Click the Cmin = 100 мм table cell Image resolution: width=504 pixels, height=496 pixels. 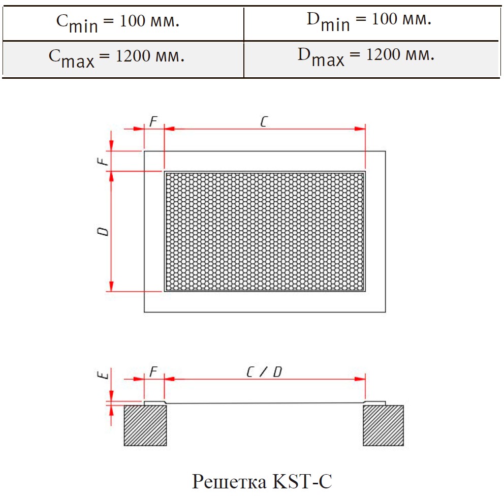(x=123, y=24)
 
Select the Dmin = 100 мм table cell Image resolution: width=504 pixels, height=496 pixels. (x=371, y=24)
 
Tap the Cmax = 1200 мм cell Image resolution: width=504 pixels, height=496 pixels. (x=123, y=59)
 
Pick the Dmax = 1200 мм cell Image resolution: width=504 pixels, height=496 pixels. (x=371, y=59)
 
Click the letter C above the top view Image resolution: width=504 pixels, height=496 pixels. (x=264, y=121)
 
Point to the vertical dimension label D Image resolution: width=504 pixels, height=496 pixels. (x=103, y=231)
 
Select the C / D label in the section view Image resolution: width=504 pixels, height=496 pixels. (x=264, y=372)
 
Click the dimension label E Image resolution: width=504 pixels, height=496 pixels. (x=103, y=375)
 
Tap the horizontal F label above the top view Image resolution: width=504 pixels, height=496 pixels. (x=153, y=121)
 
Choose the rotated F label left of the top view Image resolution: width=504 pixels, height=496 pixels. (x=103, y=161)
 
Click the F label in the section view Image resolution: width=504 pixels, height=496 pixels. (x=153, y=372)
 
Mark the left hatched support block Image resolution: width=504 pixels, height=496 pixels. (x=145, y=425)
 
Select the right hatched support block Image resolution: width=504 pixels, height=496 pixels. (x=383, y=425)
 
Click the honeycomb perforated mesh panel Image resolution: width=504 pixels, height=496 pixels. (x=265, y=231)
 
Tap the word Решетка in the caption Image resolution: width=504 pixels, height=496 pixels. (x=230, y=482)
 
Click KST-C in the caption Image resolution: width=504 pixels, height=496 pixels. (x=302, y=481)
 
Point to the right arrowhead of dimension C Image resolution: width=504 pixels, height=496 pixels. (x=360, y=129)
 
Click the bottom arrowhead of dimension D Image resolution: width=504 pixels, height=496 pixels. (x=111, y=286)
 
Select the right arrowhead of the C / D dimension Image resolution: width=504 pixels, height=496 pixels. (x=360, y=379)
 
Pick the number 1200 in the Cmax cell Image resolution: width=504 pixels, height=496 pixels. (x=133, y=56)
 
